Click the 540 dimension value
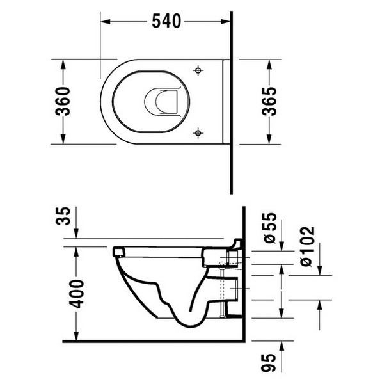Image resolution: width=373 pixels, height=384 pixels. pyautogui.click(x=166, y=21)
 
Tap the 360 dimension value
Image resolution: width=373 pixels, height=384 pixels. pyautogui.click(x=63, y=101)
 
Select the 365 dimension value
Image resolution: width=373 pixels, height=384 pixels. pyautogui.click(x=269, y=101)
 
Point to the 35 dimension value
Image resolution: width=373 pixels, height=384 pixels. pyautogui.click(x=63, y=216)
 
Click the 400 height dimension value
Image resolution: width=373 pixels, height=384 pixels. pyautogui.click(x=76, y=294)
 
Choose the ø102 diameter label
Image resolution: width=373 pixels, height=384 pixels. pyautogui.click(x=307, y=246)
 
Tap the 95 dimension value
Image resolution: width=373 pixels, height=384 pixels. pyautogui.click(x=269, y=363)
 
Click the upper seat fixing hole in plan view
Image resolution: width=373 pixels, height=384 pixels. pyautogui.click(x=198, y=70)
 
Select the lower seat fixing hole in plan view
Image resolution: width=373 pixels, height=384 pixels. pyautogui.click(x=198, y=133)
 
